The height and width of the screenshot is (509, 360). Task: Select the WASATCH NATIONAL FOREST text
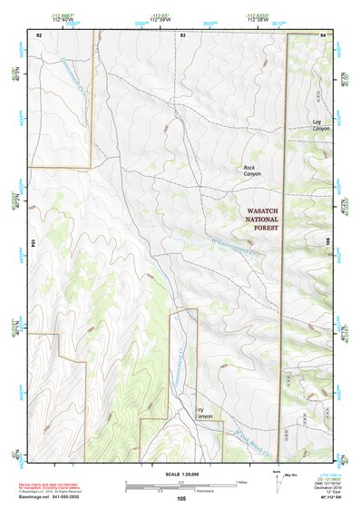[x=261, y=219]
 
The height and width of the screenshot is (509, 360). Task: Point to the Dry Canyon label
[x=204, y=412]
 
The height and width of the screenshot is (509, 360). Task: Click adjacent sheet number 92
[x=38, y=34]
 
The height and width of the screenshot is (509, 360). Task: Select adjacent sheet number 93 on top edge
[x=182, y=34]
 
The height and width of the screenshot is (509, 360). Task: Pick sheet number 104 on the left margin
[x=32, y=243]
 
